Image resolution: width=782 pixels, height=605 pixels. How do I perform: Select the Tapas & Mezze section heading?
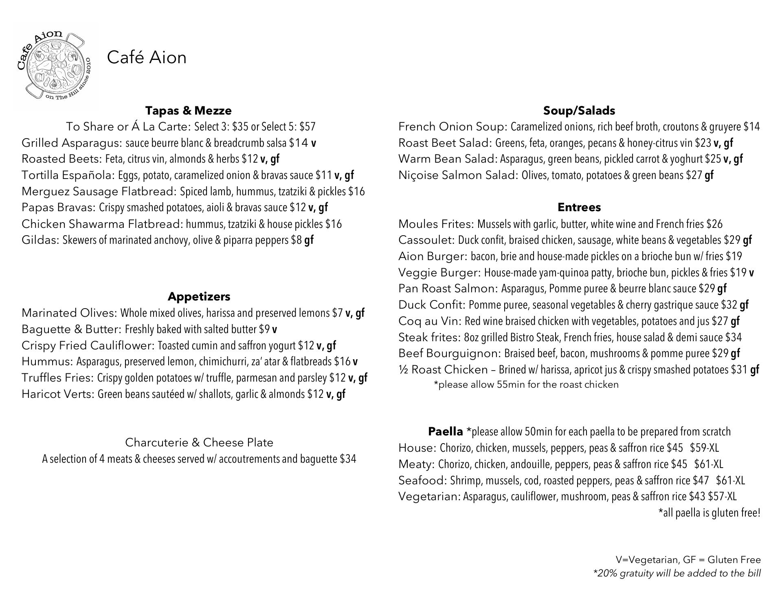tap(188, 110)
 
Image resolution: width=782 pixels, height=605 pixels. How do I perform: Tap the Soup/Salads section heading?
tap(579, 110)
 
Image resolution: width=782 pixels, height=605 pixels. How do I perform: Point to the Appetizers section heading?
tap(199, 296)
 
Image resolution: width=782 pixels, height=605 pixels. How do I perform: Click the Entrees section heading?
tap(579, 207)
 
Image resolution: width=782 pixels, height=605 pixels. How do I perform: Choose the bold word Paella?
tap(445, 431)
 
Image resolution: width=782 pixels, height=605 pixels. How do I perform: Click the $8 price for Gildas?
tap(296, 240)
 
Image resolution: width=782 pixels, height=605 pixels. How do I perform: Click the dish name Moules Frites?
tap(435, 224)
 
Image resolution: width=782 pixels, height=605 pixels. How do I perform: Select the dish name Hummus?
tap(47, 362)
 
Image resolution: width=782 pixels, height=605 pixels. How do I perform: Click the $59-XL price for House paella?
tap(704, 448)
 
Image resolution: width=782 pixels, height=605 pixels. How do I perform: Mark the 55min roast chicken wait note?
tap(526, 384)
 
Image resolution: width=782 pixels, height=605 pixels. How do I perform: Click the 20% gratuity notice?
tap(677, 573)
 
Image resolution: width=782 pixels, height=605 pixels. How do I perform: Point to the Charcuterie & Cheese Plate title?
tap(199, 442)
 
